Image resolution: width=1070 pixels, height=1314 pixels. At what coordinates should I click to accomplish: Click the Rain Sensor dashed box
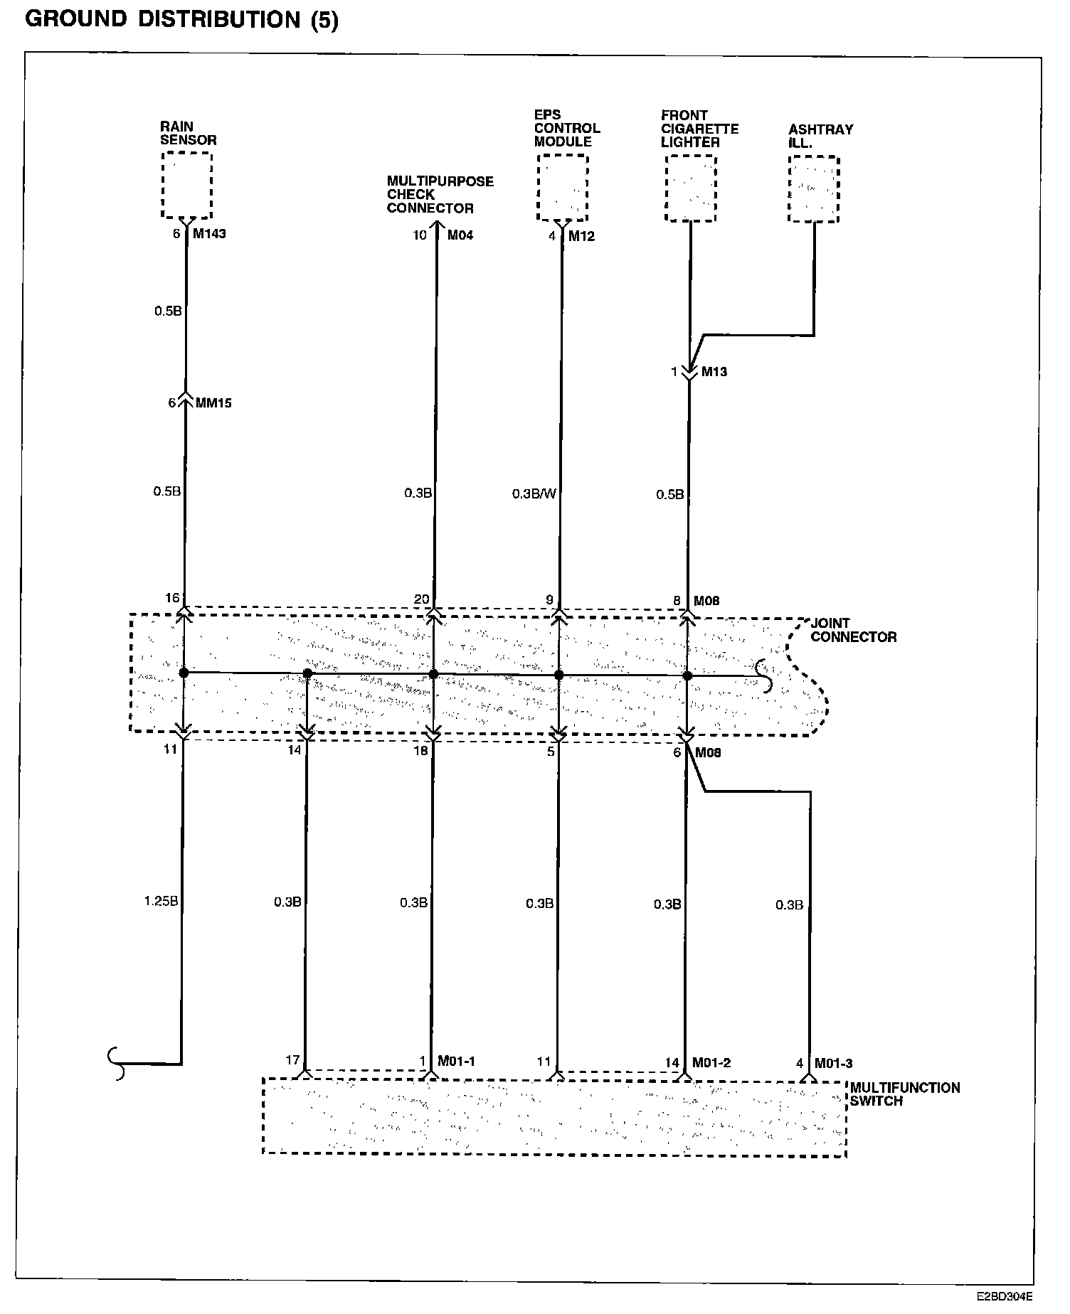click(187, 186)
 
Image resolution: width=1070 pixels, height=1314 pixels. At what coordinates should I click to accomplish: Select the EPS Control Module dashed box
click(562, 188)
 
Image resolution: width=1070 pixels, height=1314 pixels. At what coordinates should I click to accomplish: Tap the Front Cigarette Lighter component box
click(690, 188)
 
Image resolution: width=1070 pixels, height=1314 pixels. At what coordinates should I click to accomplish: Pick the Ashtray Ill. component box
click(814, 189)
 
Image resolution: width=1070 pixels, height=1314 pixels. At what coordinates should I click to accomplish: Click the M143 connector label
click(209, 233)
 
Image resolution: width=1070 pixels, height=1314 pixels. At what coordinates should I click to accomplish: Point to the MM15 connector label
click(213, 403)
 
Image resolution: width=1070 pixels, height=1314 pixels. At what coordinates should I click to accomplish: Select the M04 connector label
click(460, 235)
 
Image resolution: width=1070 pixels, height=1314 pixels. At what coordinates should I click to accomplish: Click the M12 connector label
click(581, 236)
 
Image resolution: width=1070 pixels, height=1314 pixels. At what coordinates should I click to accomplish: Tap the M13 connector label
click(714, 371)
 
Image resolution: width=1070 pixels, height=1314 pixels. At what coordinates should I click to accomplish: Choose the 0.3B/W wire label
click(534, 493)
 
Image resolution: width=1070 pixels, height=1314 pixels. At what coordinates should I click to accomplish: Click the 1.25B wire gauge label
click(160, 902)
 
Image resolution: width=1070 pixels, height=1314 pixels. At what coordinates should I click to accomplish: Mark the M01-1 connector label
click(456, 1061)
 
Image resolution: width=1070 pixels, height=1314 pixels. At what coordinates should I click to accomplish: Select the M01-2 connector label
click(712, 1062)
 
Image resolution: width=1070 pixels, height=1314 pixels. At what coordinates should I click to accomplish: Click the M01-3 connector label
click(833, 1063)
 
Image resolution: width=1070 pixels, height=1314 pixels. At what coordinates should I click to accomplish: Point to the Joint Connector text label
click(853, 630)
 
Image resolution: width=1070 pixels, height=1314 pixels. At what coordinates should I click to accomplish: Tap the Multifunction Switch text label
click(904, 1094)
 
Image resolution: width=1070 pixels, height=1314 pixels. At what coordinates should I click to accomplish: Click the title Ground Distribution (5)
click(182, 20)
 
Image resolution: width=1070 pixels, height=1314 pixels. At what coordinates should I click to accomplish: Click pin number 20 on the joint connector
click(422, 599)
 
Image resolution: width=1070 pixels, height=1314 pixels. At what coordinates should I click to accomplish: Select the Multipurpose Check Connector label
click(440, 194)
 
